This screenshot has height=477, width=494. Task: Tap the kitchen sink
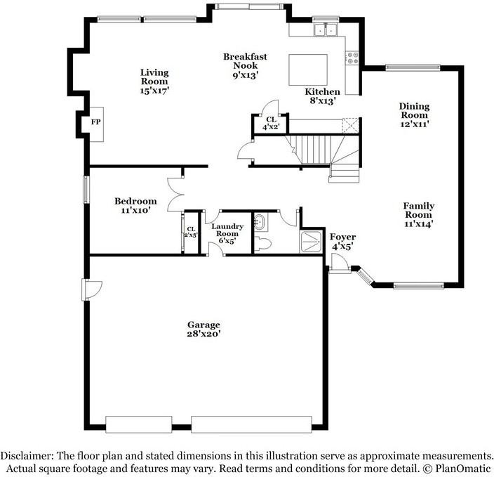(325, 30)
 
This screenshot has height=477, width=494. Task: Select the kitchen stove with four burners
(352, 59)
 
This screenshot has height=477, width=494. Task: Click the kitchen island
(308, 69)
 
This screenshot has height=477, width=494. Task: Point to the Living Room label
(154, 81)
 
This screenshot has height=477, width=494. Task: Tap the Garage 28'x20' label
(203, 329)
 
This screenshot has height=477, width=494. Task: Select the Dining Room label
(414, 115)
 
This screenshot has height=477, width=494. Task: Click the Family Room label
(418, 215)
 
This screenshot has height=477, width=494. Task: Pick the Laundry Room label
(227, 233)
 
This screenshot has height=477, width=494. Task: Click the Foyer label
(342, 242)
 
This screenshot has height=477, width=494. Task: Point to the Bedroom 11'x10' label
(135, 205)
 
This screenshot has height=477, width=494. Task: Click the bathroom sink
(259, 223)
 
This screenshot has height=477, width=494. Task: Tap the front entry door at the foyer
(339, 264)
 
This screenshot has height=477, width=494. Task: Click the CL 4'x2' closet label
(270, 124)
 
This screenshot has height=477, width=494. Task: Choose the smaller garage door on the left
(138, 424)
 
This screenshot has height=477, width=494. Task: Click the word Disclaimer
(27, 455)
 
